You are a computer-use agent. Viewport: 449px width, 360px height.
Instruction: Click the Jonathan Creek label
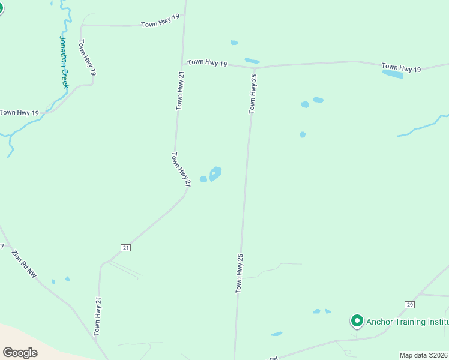point(64,62)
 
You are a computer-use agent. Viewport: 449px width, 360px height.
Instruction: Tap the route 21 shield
point(125,247)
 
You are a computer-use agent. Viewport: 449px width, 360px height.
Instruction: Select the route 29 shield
point(409,305)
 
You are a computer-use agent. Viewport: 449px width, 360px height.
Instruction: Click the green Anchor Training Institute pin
point(357,321)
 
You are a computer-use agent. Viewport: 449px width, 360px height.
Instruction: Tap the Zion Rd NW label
point(24,264)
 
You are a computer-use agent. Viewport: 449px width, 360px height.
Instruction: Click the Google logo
point(20,353)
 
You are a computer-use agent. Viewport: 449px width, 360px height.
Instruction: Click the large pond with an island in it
point(215,174)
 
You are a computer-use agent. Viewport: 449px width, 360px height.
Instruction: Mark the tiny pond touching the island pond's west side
point(203,179)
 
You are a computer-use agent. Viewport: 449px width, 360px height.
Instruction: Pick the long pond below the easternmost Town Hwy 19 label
point(393,74)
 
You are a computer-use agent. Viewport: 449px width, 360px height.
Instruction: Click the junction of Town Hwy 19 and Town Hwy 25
point(256,67)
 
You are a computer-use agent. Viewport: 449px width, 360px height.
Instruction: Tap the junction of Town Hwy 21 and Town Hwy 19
point(182,64)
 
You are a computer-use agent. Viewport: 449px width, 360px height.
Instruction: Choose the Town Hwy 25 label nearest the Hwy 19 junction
point(254,94)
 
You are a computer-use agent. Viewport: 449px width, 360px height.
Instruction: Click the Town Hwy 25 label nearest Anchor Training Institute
point(240,273)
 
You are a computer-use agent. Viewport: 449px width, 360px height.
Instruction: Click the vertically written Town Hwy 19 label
point(86,58)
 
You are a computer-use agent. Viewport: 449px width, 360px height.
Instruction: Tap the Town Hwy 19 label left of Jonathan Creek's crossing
point(19,112)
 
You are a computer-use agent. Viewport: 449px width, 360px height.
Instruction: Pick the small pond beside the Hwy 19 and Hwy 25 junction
point(252,61)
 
